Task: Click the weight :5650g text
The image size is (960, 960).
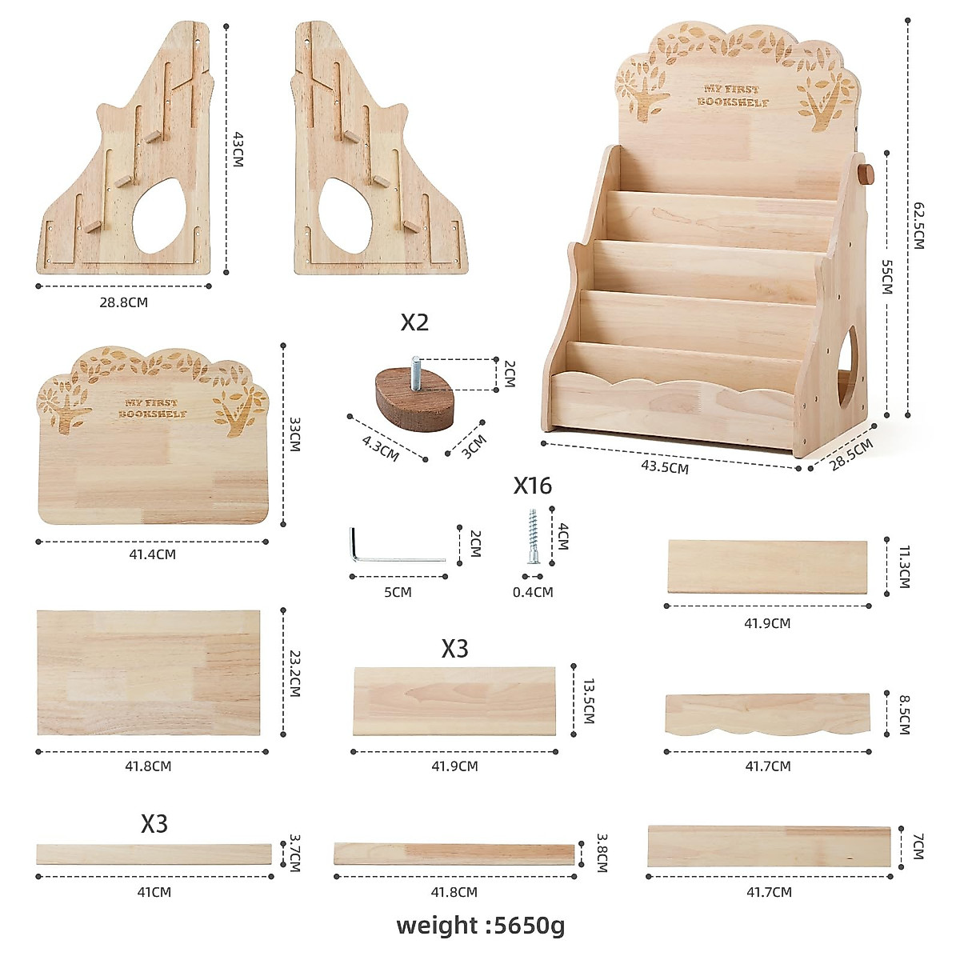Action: tap(480, 926)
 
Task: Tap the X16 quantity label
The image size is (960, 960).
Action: tap(532, 486)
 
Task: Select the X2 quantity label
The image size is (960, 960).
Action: tap(414, 322)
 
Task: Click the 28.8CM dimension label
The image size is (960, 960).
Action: tap(125, 302)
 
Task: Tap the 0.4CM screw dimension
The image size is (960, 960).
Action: tap(532, 592)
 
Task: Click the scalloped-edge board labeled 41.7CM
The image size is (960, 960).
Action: tap(767, 714)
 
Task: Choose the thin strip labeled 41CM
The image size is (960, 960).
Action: tap(154, 854)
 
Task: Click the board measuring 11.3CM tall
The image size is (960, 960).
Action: tap(767, 566)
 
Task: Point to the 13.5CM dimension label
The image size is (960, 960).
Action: tap(588, 701)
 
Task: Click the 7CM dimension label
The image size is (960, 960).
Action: tap(917, 846)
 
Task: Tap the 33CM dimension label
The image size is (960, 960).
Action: tap(294, 434)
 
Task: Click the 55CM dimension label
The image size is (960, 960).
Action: tap(886, 277)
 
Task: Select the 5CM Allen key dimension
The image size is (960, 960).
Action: tap(398, 592)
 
